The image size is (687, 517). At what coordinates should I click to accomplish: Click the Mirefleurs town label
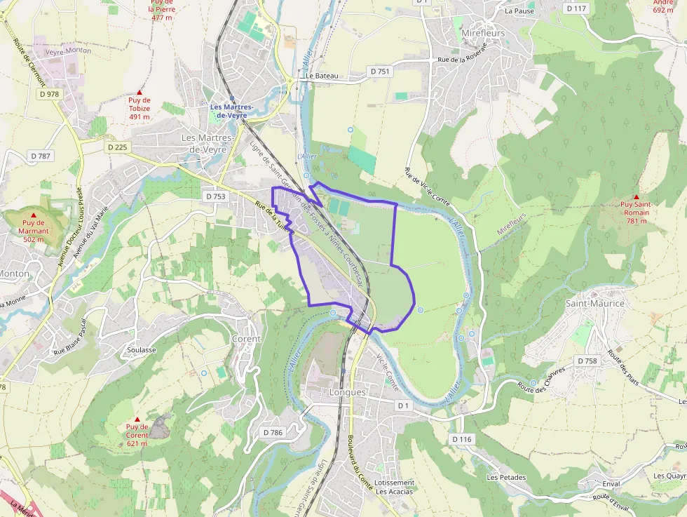tap(483, 33)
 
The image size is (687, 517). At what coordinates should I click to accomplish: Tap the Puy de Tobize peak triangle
tap(139, 93)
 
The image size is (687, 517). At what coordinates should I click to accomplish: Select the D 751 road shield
tap(379, 72)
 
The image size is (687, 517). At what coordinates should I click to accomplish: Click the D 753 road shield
tap(216, 196)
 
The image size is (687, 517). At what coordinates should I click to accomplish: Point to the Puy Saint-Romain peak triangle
tap(636, 197)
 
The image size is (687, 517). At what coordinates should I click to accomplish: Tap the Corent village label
tap(245, 339)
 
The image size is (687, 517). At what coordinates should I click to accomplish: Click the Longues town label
tap(347, 392)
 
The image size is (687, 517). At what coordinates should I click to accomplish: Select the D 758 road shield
tap(587, 361)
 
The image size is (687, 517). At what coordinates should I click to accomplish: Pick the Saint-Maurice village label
tap(594, 303)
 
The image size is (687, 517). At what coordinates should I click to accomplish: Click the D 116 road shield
tap(462, 439)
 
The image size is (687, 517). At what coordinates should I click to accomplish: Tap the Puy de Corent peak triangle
tap(137, 419)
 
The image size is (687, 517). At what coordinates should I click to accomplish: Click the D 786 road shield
tap(272, 432)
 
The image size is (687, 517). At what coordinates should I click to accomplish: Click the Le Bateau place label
tap(322, 76)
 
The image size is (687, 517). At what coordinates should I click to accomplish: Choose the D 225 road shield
tap(118, 147)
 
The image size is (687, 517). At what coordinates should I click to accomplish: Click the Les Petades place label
tap(506, 477)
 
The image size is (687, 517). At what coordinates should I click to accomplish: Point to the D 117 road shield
tap(576, 8)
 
